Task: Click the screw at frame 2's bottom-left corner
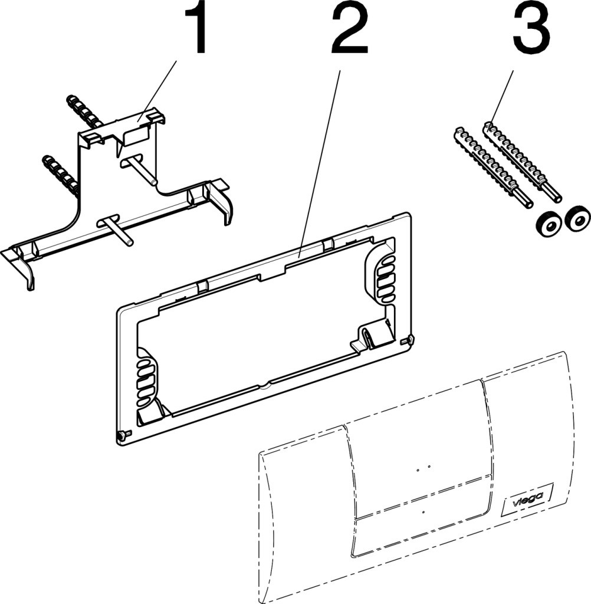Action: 122,436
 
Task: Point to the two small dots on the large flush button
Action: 422,468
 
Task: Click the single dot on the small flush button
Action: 424,512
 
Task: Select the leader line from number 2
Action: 321,159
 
